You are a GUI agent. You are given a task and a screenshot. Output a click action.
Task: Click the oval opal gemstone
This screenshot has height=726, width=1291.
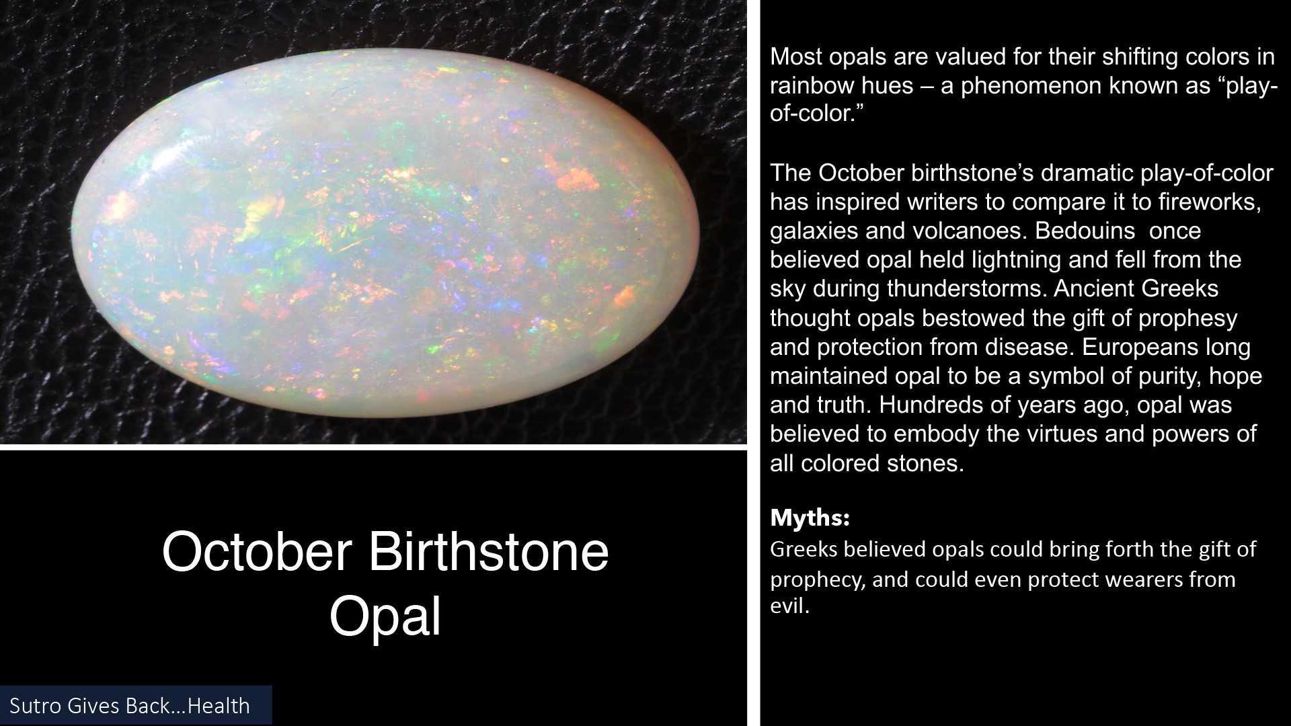(x=385, y=233)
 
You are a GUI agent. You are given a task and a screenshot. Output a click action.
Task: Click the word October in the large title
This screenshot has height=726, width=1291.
(x=257, y=552)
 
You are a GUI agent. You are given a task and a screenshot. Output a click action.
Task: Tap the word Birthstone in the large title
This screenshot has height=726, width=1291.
(x=488, y=552)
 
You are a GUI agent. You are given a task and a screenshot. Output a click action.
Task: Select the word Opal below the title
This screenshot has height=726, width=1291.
(x=385, y=616)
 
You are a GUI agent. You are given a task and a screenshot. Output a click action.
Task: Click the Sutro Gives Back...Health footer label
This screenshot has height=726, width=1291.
(x=130, y=706)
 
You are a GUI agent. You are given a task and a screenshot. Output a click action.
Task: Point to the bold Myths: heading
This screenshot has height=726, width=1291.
(x=810, y=518)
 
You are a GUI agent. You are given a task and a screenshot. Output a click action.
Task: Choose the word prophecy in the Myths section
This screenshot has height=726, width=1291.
(x=817, y=580)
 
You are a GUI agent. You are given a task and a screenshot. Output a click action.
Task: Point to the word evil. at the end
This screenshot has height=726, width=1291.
(x=790, y=606)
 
